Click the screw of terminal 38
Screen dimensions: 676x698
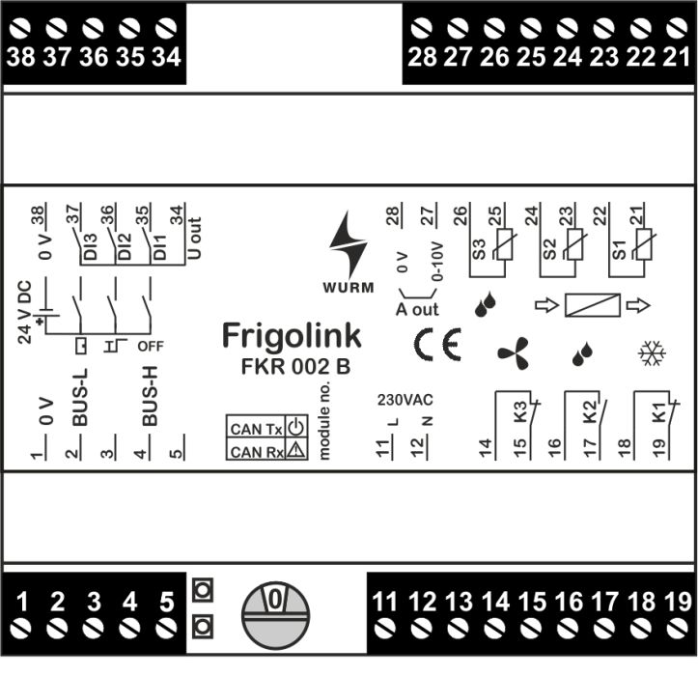(21, 27)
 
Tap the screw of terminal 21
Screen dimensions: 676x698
(675, 27)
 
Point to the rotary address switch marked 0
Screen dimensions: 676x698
(275, 614)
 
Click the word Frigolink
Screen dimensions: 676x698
(292, 335)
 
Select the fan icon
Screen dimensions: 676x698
(514, 353)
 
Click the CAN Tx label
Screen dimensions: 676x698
(255, 429)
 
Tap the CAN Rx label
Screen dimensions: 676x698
(255, 451)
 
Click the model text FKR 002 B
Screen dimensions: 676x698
(295, 367)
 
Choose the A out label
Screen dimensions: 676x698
(417, 309)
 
